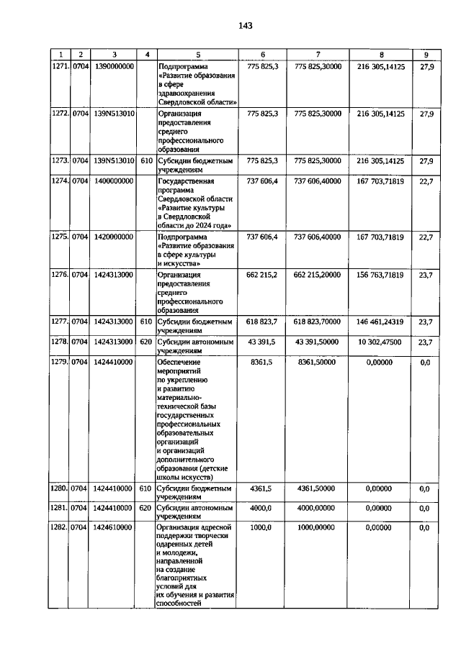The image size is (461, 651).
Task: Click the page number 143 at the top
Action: (245, 26)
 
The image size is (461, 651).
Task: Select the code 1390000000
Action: (113, 65)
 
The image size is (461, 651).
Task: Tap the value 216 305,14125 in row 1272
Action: (380, 114)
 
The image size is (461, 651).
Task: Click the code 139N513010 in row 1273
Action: (113, 161)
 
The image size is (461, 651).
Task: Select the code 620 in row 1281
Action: (146, 508)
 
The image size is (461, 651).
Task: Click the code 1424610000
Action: (113, 527)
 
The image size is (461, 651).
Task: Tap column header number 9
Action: (425, 55)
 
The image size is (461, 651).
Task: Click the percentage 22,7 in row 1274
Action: (425, 181)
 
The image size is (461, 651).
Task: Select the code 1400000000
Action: (113, 181)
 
